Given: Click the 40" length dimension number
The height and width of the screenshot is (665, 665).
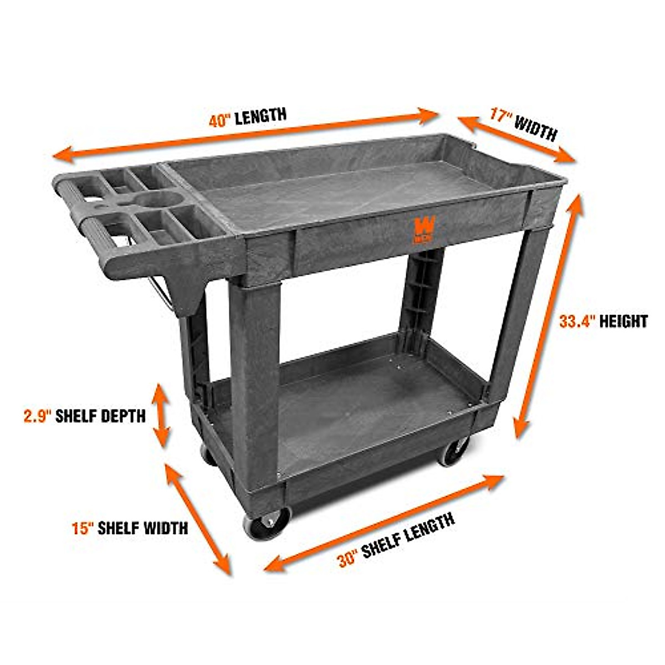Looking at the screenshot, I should coord(220,120).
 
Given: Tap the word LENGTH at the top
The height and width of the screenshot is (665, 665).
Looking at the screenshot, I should coord(260,116).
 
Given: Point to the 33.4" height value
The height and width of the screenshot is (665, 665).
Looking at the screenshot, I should coord(577,321).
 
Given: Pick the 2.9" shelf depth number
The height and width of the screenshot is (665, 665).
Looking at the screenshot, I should coord(37,416).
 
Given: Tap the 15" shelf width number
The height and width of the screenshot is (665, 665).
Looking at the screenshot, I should coord(83,527).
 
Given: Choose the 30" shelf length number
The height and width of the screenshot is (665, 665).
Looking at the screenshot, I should coord(349,559).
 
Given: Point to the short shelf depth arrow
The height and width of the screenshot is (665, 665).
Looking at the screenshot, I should coord(161,415).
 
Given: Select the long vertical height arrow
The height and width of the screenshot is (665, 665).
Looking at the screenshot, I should coord(548,316).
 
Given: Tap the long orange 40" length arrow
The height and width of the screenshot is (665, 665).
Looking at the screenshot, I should coord(249,135).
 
